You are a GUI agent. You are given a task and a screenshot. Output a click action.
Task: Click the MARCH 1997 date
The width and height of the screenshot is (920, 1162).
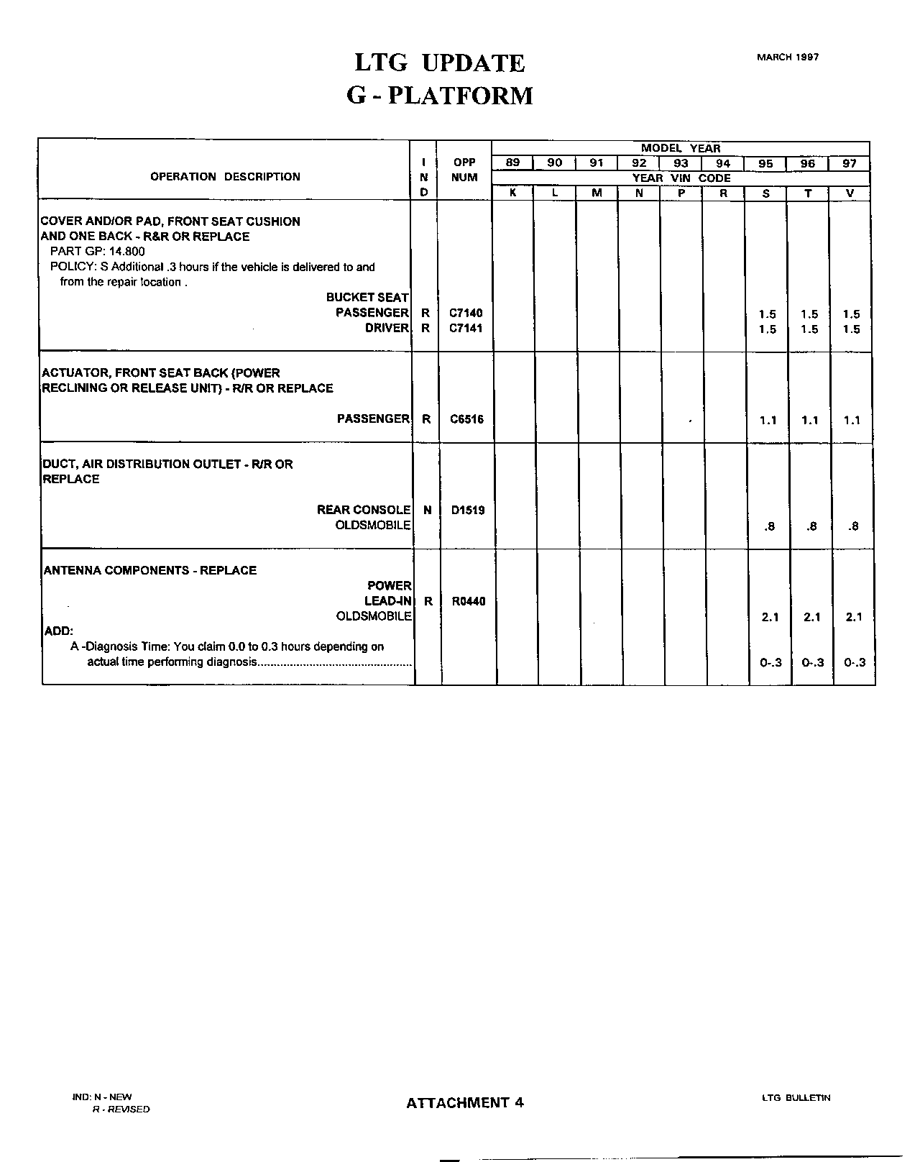point(787,58)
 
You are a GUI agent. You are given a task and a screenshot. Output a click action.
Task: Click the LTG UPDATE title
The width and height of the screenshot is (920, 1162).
point(440,63)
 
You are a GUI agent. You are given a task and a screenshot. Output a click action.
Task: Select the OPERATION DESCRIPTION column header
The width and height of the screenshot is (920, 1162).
point(225,177)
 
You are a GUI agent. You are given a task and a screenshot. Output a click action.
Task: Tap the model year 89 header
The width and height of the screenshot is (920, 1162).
point(512,163)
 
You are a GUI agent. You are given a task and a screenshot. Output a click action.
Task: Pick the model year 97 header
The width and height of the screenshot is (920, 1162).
point(850,164)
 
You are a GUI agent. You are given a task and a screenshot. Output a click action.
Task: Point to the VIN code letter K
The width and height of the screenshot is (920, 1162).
point(512,193)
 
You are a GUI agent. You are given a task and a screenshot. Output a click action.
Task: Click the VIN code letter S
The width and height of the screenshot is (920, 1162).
point(765,193)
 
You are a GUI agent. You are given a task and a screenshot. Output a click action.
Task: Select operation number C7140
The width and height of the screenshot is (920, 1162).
point(466,314)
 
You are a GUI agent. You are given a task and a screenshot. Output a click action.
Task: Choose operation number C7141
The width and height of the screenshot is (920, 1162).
point(466,329)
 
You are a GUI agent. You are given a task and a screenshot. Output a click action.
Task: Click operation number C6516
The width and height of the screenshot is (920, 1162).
point(466,419)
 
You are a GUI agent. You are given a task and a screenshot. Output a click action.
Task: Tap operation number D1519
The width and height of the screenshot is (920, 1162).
point(468,511)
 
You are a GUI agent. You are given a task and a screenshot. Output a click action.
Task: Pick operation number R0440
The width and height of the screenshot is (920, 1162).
point(469,602)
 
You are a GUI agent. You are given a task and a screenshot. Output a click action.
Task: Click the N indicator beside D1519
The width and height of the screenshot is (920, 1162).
point(428,511)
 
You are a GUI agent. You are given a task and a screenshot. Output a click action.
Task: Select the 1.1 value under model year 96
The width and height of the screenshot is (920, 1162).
point(810,421)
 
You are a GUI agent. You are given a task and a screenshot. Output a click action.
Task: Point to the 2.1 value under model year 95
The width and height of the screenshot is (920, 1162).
point(770,617)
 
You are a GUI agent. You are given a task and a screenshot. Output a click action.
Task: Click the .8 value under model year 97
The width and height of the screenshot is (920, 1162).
point(853,526)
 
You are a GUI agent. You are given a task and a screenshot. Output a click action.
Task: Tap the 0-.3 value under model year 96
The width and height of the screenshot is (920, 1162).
point(812,663)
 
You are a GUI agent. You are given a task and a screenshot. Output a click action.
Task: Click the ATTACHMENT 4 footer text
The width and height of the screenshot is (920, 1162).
point(465,1103)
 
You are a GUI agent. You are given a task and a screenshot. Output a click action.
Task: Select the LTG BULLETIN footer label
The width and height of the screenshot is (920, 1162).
point(796,1098)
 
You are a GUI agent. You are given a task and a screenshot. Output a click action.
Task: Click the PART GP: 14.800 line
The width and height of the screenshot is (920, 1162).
point(97,252)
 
